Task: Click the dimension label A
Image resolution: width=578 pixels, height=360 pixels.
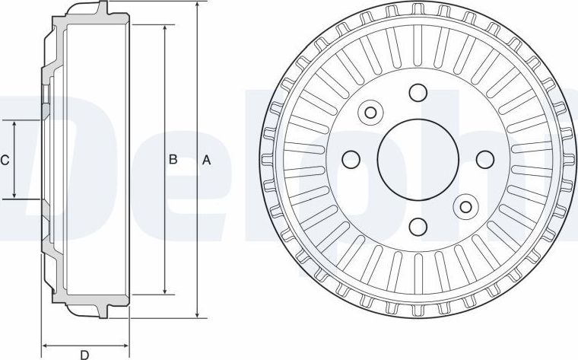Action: click(x=206, y=160)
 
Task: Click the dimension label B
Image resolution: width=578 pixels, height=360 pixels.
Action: click(x=173, y=159)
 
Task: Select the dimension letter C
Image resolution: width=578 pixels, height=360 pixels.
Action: click(x=5, y=161)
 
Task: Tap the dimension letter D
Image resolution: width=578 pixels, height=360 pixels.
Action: click(x=84, y=355)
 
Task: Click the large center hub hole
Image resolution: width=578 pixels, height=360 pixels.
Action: click(x=418, y=159)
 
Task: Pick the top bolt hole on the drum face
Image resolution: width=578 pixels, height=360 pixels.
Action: click(x=418, y=92)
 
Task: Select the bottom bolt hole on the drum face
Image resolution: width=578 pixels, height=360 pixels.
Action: click(x=418, y=227)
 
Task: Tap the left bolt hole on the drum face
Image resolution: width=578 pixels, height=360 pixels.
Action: click(x=351, y=159)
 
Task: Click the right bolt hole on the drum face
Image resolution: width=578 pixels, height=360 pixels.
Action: click(x=485, y=159)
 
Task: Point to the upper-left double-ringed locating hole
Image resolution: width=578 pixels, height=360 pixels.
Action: click(x=370, y=112)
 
